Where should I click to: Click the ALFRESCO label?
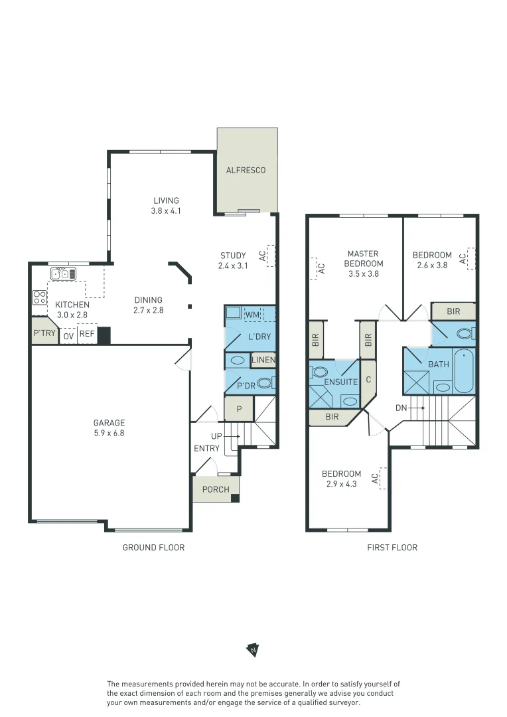click(246, 170)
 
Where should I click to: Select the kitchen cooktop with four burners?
click(40, 297)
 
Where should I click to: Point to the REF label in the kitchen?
click(87, 335)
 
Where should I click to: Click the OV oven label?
click(68, 336)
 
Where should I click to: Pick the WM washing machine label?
click(252, 314)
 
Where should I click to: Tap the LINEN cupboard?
click(263, 360)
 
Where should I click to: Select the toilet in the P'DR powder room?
click(265, 383)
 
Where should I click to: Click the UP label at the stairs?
click(216, 436)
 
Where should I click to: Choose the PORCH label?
click(215, 490)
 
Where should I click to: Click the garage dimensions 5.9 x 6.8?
click(109, 433)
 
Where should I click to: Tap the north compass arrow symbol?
click(253, 649)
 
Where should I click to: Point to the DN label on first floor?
click(401, 408)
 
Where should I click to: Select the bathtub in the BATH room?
click(463, 370)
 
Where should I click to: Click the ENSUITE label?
click(341, 382)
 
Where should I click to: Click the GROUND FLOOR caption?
click(153, 548)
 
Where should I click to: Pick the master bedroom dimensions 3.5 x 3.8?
click(363, 274)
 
